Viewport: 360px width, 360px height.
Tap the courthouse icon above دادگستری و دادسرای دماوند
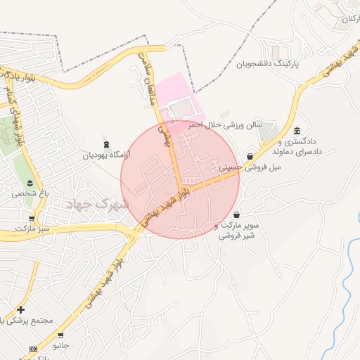[297, 131]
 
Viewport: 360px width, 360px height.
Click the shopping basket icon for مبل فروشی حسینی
[250, 157]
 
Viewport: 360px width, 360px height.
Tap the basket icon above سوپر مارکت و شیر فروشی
[236, 214]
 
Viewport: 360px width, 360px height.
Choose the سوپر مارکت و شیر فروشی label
[238, 231]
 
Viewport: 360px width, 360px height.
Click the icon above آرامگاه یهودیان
[106, 144]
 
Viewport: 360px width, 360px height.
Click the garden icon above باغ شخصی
[30, 183]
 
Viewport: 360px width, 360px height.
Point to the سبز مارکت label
[34, 229]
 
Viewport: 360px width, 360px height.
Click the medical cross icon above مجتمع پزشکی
[20, 309]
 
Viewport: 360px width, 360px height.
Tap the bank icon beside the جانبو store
[33, 349]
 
